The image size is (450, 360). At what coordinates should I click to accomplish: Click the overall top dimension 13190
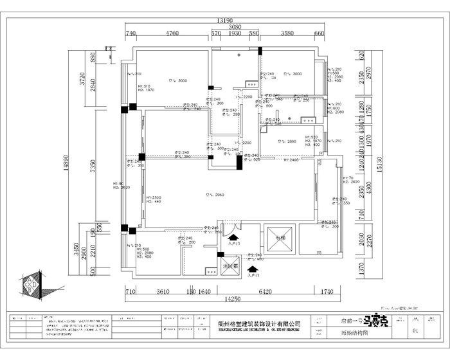(224, 20)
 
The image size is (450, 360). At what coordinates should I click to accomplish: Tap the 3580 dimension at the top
(287, 33)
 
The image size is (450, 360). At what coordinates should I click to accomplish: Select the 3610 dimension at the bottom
(163, 292)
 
